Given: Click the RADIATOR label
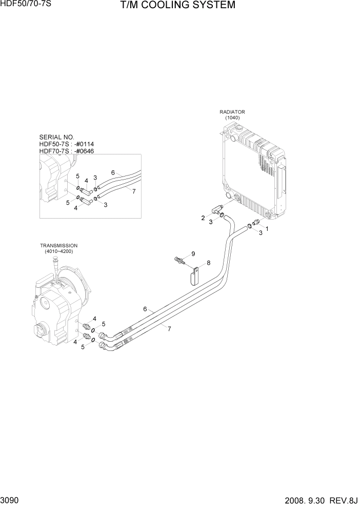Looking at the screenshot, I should coord(232,112).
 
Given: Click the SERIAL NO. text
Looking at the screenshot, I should coord(57,138).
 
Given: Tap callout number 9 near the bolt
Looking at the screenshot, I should coord(193,254).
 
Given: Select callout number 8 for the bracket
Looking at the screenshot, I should coord(208,263).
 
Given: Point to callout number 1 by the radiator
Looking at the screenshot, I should coord(266,228).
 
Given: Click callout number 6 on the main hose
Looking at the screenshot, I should coord(145,309).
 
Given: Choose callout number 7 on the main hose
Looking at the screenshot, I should coord(170,329).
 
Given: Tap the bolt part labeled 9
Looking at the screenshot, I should coord(180,261).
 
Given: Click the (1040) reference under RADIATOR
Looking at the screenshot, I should coord(232,118).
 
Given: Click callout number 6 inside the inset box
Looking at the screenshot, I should coord(112,173).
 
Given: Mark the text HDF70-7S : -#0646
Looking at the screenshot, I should coord(67,151).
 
